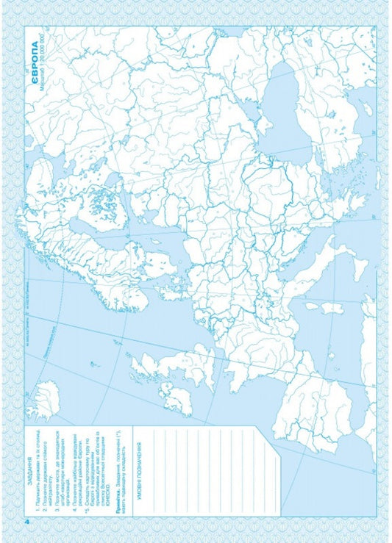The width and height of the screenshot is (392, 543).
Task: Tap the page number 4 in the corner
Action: [27, 522]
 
